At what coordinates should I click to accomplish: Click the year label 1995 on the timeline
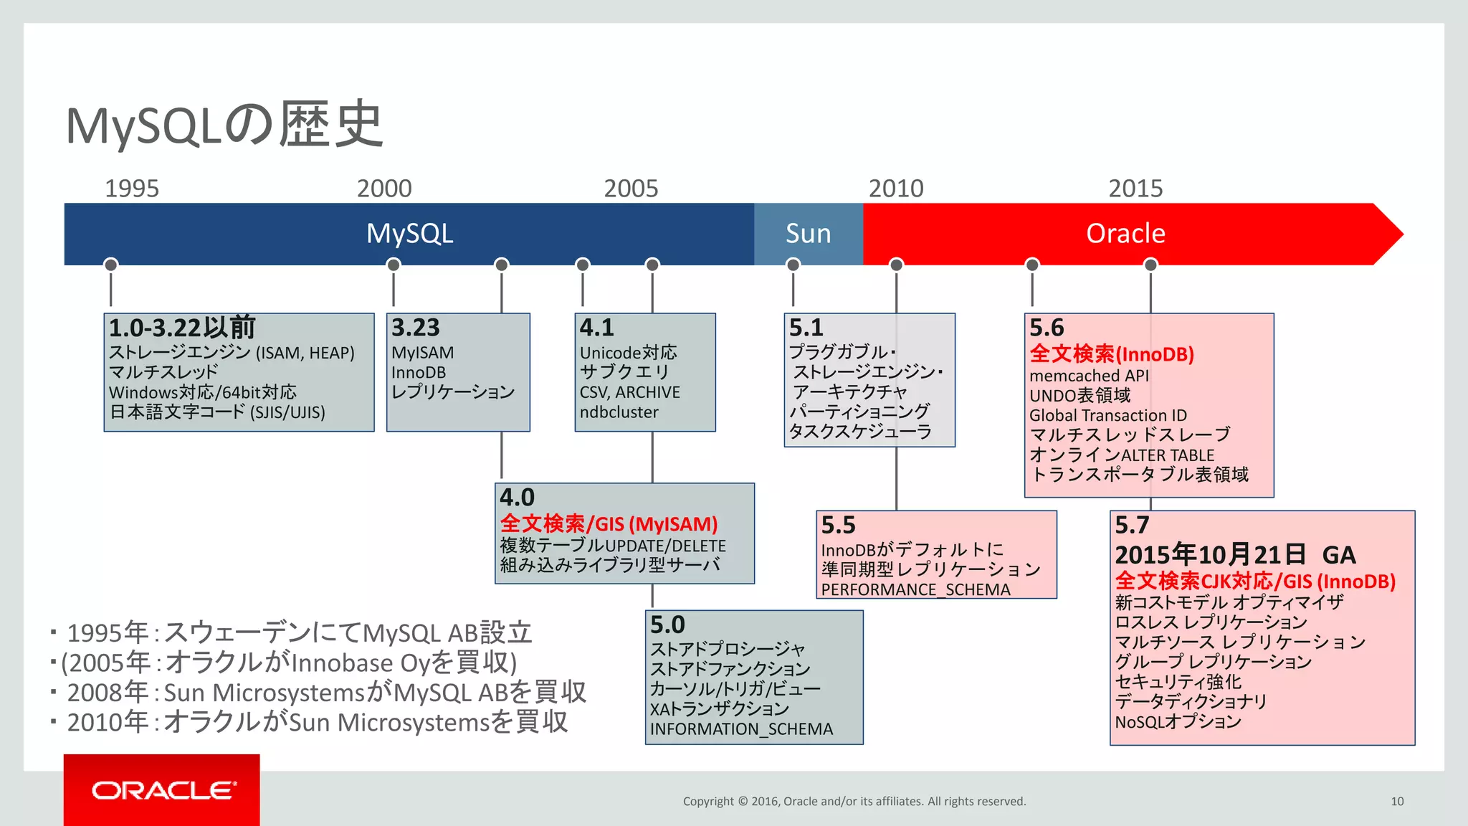(x=132, y=189)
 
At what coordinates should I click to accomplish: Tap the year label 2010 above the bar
(x=896, y=189)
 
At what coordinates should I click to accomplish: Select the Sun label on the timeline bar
(x=808, y=234)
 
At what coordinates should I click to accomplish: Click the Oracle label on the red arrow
(x=1125, y=234)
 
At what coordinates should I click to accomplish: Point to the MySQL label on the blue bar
(x=409, y=234)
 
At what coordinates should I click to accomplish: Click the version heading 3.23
(x=415, y=328)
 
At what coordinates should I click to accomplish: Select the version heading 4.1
(x=596, y=328)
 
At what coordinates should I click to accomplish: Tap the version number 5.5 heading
(x=838, y=525)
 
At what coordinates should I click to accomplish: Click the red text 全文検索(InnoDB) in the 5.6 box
(x=1111, y=354)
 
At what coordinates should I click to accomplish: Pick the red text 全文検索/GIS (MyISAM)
(x=609, y=524)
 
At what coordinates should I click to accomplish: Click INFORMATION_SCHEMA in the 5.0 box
(x=741, y=729)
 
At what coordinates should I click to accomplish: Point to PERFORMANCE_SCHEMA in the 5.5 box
(x=915, y=589)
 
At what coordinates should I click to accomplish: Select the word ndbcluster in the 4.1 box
(x=619, y=412)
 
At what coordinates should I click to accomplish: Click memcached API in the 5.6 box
(x=1089, y=376)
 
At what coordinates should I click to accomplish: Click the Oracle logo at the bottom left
(x=162, y=790)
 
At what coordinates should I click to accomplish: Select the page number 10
(x=1396, y=802)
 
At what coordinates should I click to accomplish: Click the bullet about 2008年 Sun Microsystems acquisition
(x=326, y=693)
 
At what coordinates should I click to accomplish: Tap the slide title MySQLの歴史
(x=224, y=125)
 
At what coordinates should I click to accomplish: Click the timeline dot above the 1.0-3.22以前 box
(x=110, y=265)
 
